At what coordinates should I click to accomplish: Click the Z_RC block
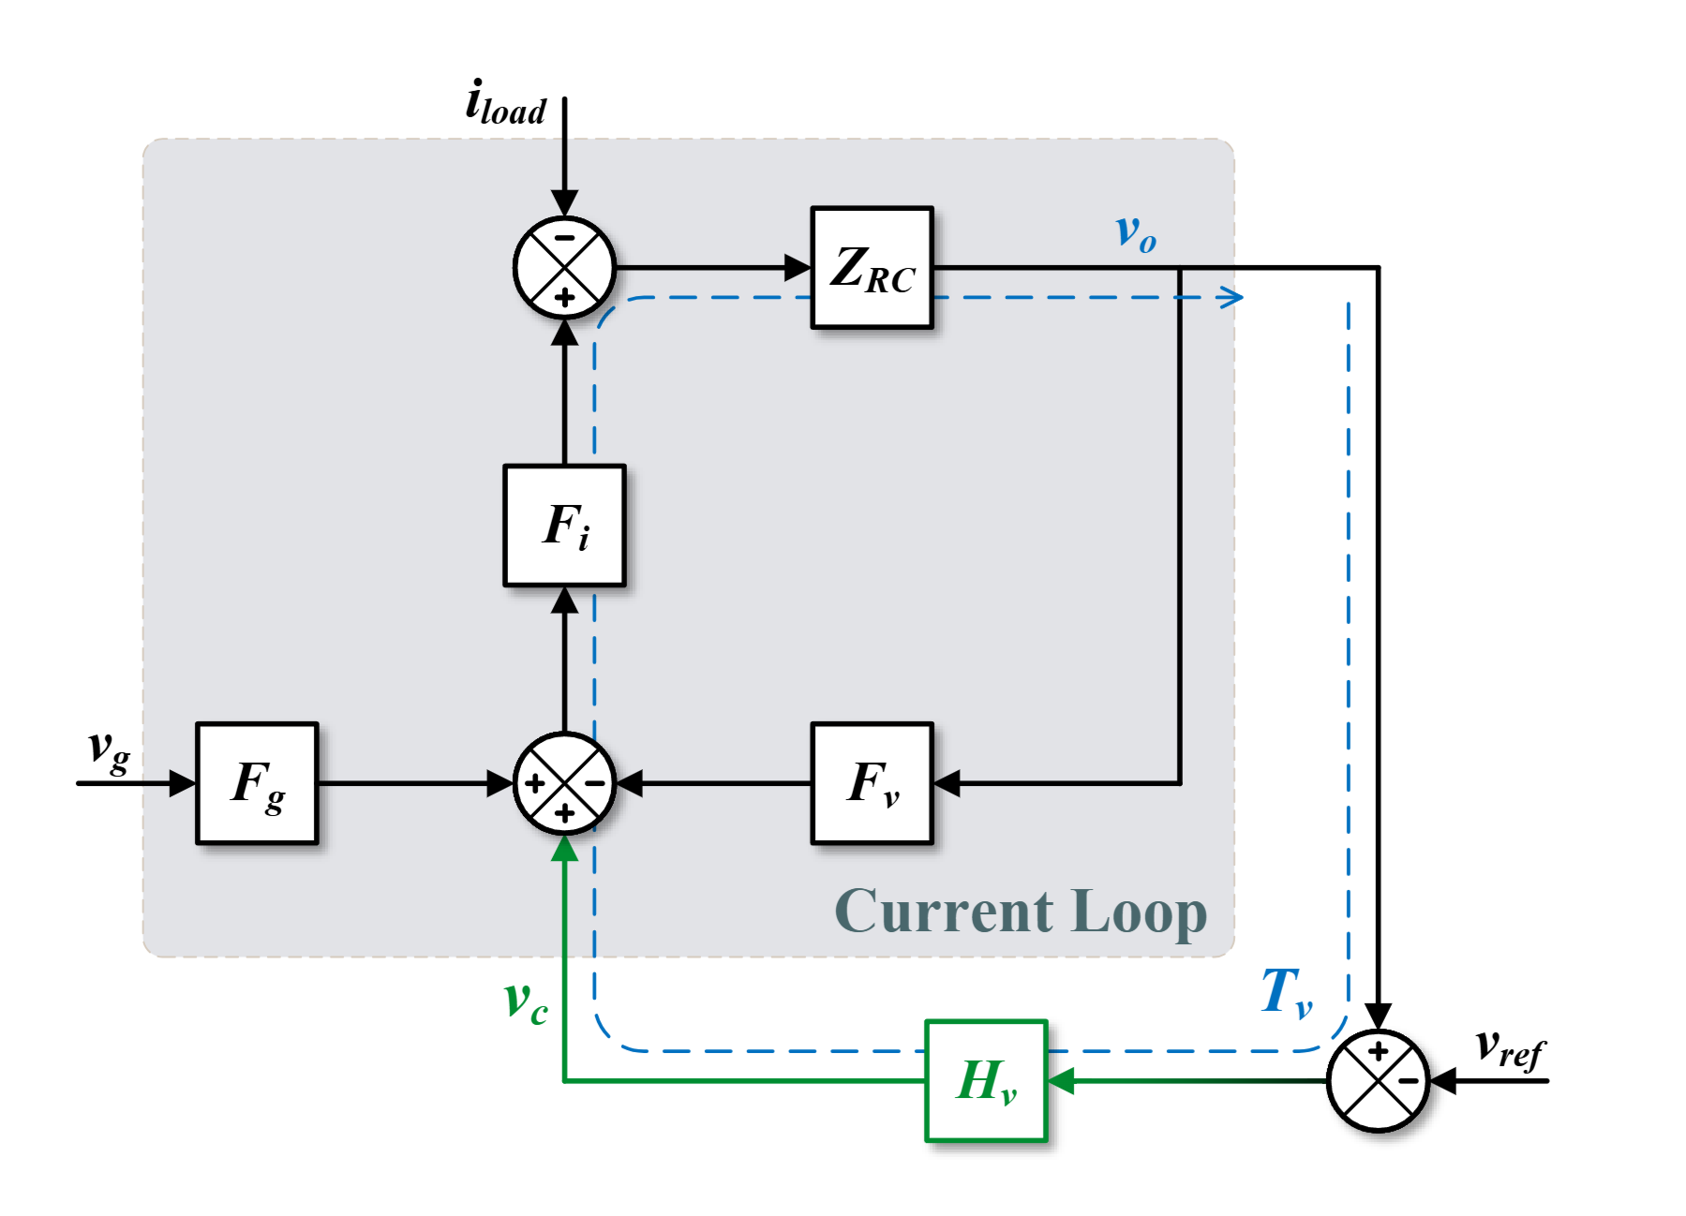[x=872, y=268]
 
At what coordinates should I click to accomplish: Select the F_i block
[x=564, y=526]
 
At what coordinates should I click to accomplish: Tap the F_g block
[x=257, y=783]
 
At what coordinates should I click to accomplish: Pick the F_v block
[x=872, y=783]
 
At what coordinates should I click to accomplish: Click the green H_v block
[x=986, y=1081]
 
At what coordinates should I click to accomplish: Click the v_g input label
[x=109, y=751]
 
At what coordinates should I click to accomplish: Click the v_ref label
[x=1509, y=1049]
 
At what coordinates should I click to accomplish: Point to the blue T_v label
[x=1286, y=993]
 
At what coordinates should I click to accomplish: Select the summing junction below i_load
[x=564, y=268]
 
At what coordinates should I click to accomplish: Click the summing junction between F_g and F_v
[x=564, y=783]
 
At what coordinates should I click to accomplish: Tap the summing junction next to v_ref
[x=1378, y=1081]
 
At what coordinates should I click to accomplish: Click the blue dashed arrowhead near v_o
[x=1233, y=298]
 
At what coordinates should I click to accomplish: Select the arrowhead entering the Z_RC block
[x=798, y=268]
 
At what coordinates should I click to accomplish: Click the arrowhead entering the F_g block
[x=183, y=783]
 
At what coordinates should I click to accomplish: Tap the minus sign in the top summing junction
[x=564, y=238]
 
